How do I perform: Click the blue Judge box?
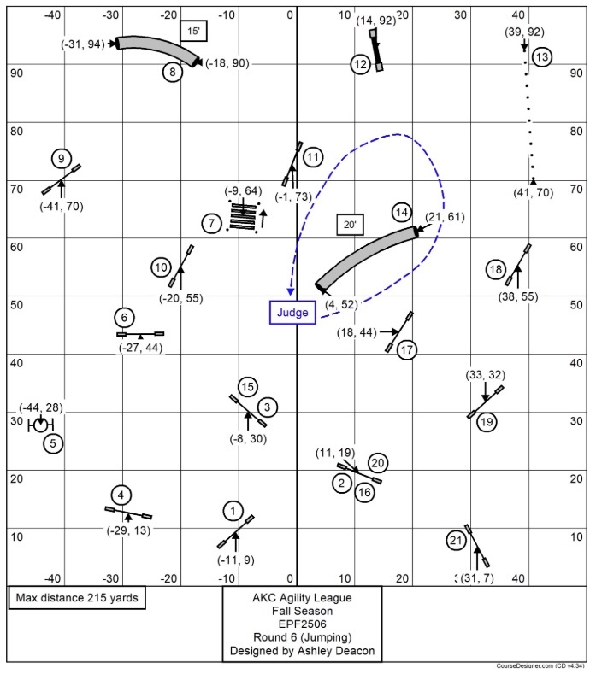pyautogui.click(x=292, y=313)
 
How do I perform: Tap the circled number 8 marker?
pyautogui.click(x=173, y=72)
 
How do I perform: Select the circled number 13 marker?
pyautogui.click(x=541, y=57)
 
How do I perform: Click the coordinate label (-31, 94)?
pyautogui.click(x=83, y=43)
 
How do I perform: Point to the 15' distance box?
pyautogui.click(x=191, y=31)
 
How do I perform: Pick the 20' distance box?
pyautogui.click(x=349, y=225)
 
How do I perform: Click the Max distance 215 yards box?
pyautogui.click(x=76, y=597)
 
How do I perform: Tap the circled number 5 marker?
pyautogui.click(x=53, y=443)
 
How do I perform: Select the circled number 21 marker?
pyautogui.click(x=456, y=540)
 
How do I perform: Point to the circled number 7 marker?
pyautogui.click(x=211, y=224)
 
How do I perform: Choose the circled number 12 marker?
pyautogui.click(x=360, y=64)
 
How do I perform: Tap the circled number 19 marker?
pyautogui.click(x=487, y=422)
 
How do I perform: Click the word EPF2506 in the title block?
pyautogui.click(x=303, y=624)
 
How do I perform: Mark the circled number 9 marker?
pyautogui.click(x=61, y=159)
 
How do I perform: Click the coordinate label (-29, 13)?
pyautogui.click(x=129, y=530)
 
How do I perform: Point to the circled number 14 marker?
pyautogui.click(x=401, y=212)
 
